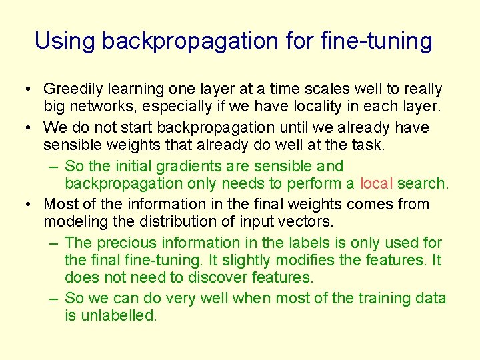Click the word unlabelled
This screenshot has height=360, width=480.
[x=117, y=316]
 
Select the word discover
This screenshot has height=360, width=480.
[x=216, y=277]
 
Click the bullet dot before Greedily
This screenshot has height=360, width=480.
[x=25, y=89]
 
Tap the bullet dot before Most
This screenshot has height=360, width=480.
[x=25, y=204]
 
